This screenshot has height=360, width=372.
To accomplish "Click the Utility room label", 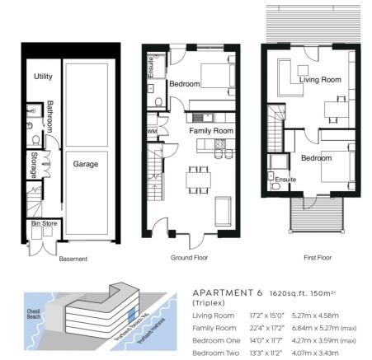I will [x=43, y=77].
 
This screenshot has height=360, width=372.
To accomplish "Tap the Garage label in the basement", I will [x=85, y=165].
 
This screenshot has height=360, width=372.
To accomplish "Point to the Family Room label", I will [x=212, y=131].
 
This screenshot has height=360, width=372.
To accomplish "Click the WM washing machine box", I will [x=152, y=131].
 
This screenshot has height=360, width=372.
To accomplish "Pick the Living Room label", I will [x=320, y=80].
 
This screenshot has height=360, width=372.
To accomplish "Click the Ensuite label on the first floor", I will [x=285, y=179].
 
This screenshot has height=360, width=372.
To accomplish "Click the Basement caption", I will [x=73, y=258].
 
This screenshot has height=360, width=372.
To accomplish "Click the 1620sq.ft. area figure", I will [x=280, y=292].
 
